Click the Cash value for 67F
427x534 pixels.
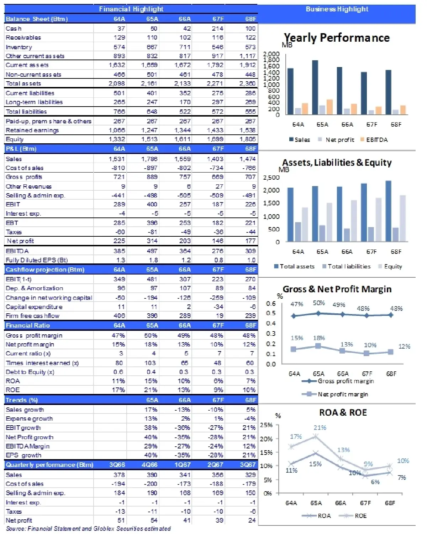(217, 29)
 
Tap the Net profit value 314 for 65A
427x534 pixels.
(152, 241)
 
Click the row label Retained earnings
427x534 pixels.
(32, 130)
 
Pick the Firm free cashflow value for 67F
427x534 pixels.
(220, 316)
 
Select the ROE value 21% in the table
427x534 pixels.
(151, 390)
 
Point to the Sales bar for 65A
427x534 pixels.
(315, 87)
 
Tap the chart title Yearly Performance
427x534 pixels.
(336, 38)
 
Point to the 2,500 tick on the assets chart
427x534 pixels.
(271, 178)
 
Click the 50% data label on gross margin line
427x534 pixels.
(319, 303)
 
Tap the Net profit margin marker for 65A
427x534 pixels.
(318, 346)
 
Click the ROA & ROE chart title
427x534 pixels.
(343, 413)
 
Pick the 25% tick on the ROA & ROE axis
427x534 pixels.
(266, 425)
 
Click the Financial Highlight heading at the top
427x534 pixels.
(131, 9)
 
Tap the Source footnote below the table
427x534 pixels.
(88, 529)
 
